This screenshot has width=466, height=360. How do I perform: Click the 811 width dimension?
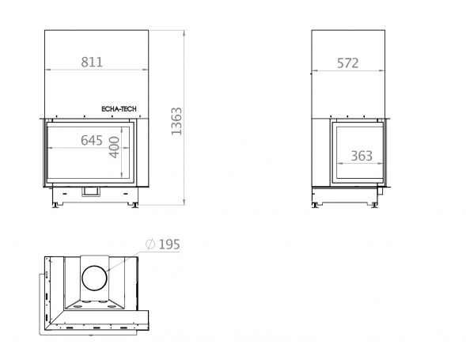click(92, 63)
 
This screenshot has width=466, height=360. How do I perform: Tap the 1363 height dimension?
click(176, 121)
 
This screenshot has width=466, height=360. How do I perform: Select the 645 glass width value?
click(92, 140)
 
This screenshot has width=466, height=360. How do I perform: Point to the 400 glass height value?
click(114, 147)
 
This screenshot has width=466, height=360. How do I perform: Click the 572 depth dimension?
click(347, 63)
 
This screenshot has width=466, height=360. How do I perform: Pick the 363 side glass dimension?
click(362, 156)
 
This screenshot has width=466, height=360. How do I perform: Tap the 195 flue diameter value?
click(169, 244)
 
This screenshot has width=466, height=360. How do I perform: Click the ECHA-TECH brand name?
click(119, 109)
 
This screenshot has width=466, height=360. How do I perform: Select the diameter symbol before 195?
click(150, 244)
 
